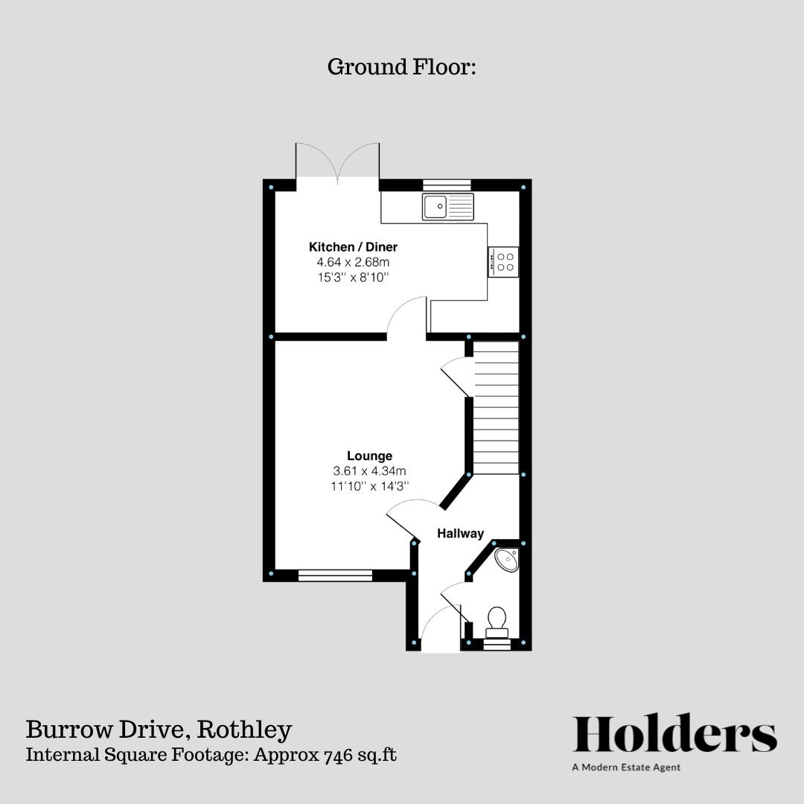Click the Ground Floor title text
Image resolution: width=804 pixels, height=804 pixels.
coord(401,67)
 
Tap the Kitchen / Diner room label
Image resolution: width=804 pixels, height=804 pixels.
coord(354,247)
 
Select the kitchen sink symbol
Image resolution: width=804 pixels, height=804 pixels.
coord(447,206)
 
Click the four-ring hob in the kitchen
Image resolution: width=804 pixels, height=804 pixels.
coord(504,261)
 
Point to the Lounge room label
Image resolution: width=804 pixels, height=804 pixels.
coord(369,456)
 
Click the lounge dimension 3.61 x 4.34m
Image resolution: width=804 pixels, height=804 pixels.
coord(369,470)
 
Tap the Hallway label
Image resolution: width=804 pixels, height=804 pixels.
coord(460,533)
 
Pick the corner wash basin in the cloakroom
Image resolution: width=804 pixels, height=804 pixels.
coord(507,559)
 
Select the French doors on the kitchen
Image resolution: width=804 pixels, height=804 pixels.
coord(338,164)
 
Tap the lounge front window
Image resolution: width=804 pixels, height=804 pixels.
coord(335,575)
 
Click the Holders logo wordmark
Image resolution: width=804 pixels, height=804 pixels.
coord(674,735)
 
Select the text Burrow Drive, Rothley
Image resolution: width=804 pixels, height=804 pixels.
coord(159,730)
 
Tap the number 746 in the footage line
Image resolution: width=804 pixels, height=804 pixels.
coord(339,755)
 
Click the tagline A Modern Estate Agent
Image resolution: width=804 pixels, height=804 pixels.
coord(626,768)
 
